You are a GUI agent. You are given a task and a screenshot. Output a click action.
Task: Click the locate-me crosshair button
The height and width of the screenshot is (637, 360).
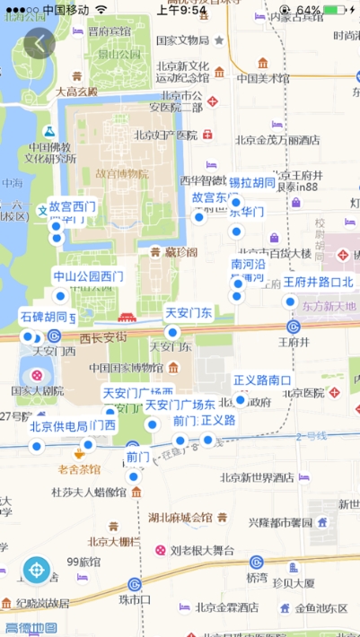point(37,569)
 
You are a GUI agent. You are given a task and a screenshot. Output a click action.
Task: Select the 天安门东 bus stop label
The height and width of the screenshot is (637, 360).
point(189,313)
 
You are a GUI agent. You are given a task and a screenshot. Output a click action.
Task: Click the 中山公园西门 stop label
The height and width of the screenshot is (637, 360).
point(87,275)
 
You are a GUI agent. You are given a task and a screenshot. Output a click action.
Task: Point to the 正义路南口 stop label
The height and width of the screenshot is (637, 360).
point(263,380)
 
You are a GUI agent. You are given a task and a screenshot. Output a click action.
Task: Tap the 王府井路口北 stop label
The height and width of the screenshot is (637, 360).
point(319,282)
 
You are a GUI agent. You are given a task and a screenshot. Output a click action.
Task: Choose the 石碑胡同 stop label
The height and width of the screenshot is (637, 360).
point(43,317)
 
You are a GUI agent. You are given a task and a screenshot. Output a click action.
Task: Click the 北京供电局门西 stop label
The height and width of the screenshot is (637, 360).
point(73,425)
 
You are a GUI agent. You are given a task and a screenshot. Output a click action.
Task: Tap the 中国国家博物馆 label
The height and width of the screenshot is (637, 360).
point(124,367)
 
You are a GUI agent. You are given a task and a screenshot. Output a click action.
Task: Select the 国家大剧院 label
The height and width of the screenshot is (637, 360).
point(37,391)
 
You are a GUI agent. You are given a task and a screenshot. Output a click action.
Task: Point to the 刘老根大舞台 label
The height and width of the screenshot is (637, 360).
point(202,549)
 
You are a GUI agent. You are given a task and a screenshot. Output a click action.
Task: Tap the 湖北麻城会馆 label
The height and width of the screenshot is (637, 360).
point(180,518)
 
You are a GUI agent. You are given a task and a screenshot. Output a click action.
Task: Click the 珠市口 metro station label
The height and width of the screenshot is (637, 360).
point(135,598)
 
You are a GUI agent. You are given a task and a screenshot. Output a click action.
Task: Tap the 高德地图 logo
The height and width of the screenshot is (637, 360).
point(31,628)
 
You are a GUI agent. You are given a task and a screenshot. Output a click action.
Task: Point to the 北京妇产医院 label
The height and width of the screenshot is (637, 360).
point(165,135)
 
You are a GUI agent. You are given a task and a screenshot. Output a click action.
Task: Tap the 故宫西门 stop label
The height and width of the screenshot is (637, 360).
point(72,206)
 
